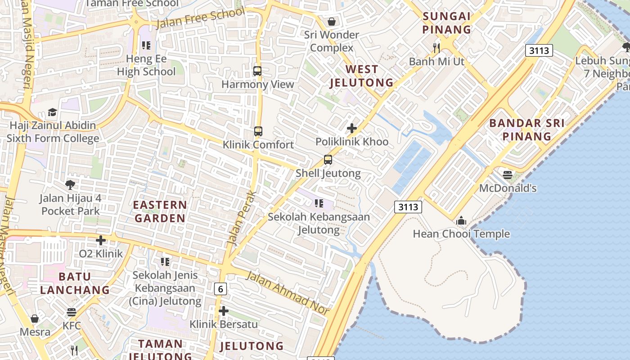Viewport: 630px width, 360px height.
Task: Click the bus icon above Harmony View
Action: click(x=257, y=71)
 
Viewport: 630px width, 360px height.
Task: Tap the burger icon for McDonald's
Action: click(x=508, y=175)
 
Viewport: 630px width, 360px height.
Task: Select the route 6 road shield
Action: click(x=220, y=289)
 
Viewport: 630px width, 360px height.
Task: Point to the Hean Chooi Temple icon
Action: click(x=461, y=221)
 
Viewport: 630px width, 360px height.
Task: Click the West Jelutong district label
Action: click(x=361, y=76)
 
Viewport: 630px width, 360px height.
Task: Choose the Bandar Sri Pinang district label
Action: click(x=526, y=130)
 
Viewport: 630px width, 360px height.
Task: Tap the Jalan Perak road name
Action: click(x=242, y=218)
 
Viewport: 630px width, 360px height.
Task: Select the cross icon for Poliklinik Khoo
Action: click(x=352, y=128)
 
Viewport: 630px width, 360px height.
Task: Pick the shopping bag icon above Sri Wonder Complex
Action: click(x=332, y=22)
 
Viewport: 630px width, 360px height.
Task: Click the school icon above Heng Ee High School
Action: click(x=146, y=45)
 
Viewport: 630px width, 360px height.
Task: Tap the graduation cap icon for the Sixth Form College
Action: click(x=53, y=112)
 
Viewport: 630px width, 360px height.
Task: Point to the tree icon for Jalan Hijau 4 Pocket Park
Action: click(x=70, y=184)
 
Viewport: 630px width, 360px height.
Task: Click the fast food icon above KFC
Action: click(x=72, y=312)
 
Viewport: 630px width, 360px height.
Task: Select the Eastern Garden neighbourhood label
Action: click(x=160, y=211)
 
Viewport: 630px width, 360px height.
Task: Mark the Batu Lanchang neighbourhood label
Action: click(x=75, y=283)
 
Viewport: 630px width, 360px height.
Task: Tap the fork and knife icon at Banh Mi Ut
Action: click(x=436, y=48)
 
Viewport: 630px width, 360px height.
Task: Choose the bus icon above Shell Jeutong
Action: click(x=328, y=160)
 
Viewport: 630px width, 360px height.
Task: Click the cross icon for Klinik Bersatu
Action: click(x=223, y=311)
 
